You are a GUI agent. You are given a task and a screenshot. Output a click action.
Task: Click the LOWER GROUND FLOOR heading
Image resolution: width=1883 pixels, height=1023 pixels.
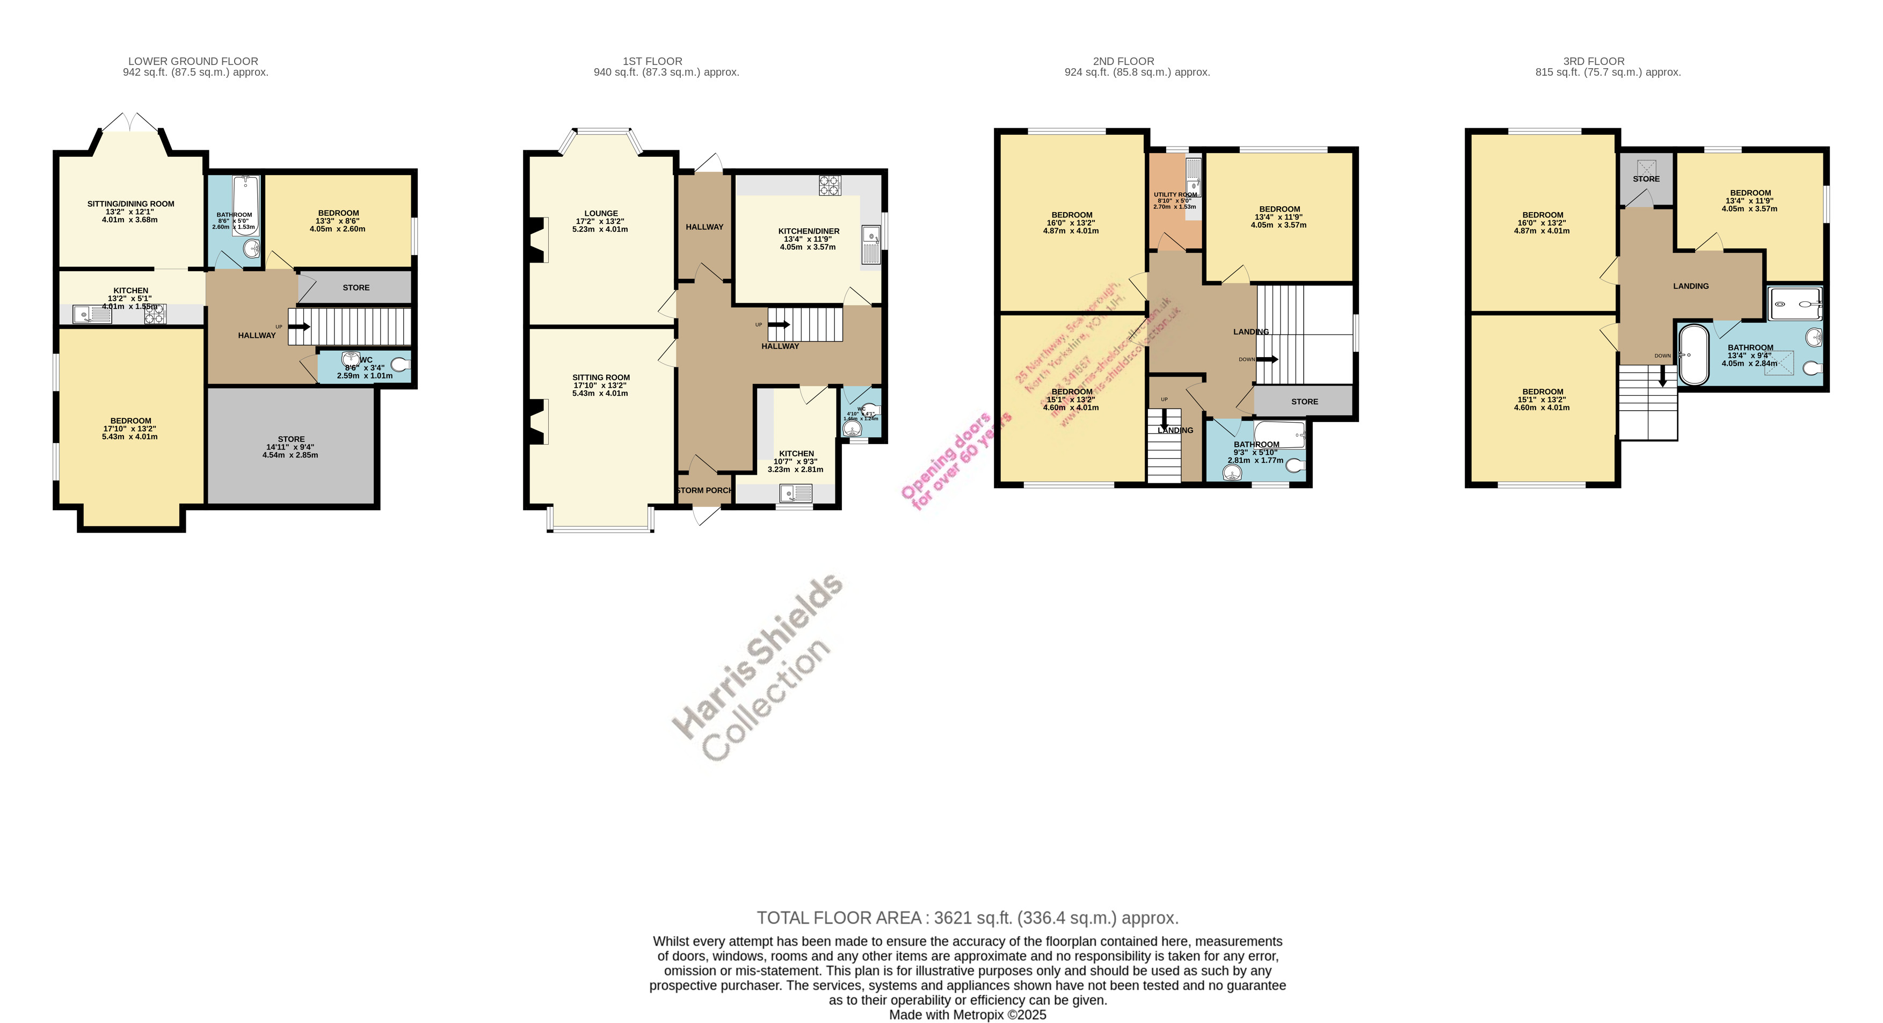coord(193,61)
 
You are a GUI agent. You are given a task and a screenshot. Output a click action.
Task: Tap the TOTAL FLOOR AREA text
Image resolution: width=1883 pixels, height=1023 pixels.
coord(967,918)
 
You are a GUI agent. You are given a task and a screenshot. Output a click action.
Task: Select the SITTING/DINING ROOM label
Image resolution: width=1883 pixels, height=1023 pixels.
coord(131,204)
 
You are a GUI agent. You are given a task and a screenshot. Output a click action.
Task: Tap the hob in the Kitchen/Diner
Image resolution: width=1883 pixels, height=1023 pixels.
coord(830,185)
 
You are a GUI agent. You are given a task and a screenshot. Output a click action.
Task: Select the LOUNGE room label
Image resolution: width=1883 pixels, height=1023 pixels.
coord(601,214)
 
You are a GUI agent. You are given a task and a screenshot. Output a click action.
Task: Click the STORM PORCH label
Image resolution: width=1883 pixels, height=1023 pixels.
coord(704,490)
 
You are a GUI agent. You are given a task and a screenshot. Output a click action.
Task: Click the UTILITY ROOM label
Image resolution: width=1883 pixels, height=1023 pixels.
coord(1175,194)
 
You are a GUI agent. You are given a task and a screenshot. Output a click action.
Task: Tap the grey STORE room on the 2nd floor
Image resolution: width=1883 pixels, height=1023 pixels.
coord(1304,402)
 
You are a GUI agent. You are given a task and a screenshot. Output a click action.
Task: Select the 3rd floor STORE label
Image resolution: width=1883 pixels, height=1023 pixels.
coord(1646,178)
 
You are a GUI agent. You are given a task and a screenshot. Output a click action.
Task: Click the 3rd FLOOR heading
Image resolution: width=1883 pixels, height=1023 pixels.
coord(1594,61)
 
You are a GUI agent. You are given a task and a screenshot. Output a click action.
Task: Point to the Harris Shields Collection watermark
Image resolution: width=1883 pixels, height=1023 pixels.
coord(757,667)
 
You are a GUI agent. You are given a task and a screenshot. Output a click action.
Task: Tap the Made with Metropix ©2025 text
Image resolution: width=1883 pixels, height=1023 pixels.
coord(967,1015)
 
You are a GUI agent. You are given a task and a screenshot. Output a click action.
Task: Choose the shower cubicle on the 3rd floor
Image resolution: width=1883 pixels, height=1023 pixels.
coord(1794,304)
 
